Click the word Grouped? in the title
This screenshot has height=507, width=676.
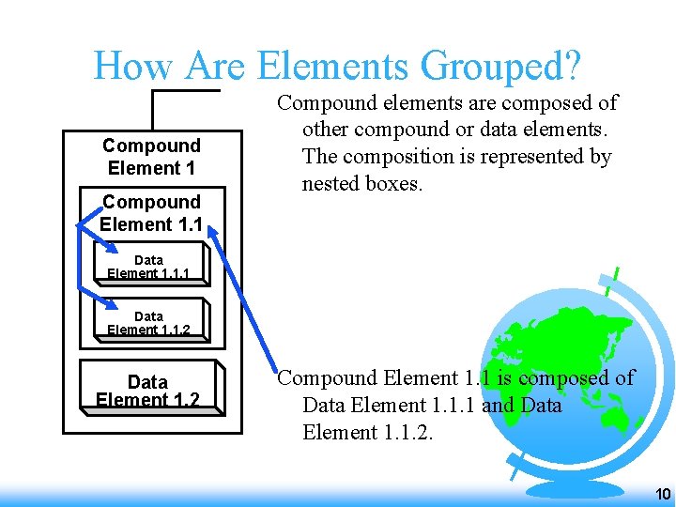pyautogui.click(x=501, y=68)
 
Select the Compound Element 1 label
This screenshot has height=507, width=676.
pyautogui.click(x=151, y=157)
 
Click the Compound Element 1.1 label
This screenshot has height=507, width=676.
pyautogui.click(x=151, y=213)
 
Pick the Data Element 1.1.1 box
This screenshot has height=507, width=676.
pyautogui.click(x=148, y=266)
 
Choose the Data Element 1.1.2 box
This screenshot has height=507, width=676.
pyautogui.click(x=148, y=322)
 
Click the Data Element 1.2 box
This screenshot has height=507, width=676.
pyautogui.click(x=147, y=389)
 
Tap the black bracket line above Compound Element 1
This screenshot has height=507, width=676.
pyautogui.click(x=184, y=91)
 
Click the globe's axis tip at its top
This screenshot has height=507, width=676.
pyautogui.click(x=616, y=275)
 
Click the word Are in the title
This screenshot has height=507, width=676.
pyautogui.click(x=218, y=66)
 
